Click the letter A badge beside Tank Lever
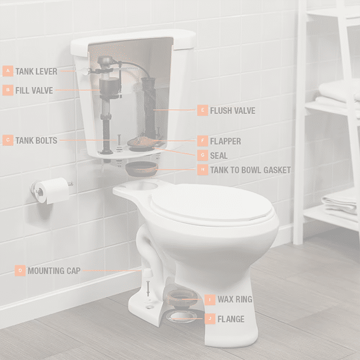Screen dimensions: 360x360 (8, 71)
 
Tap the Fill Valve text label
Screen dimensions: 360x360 (34, 91)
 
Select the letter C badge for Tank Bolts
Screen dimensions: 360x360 (8, 140)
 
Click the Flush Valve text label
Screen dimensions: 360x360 (233, 110)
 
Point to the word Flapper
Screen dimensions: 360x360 (226, 141)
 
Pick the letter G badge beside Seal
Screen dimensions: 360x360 (203, 155)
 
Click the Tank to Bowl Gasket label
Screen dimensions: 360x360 (250, 170)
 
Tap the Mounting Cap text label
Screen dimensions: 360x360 (54, 271)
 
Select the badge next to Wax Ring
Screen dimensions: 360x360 (210, 299)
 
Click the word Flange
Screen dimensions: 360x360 (231, 319)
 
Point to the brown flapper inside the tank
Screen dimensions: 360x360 (142, 141)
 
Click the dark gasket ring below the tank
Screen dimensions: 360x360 (142, 169)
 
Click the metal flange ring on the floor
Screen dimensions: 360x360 (182, 316)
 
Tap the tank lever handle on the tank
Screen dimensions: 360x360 (85, 71)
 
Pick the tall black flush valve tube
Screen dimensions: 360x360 (149, 108)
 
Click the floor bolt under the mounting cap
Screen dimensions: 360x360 (148, 289)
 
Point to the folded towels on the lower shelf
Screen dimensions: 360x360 (340, 205)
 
